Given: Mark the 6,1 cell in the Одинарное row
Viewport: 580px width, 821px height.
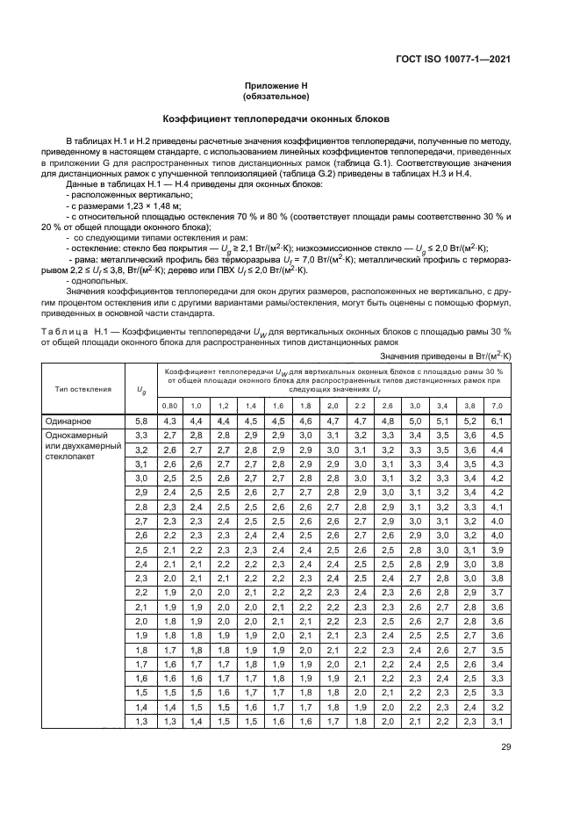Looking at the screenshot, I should [x=498, y=421].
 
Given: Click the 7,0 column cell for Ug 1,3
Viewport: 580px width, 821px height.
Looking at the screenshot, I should [x=498, y=720].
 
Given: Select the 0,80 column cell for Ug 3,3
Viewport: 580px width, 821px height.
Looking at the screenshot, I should [x=170, y=436].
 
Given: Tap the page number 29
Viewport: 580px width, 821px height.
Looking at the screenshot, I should [x=505, y=748].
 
